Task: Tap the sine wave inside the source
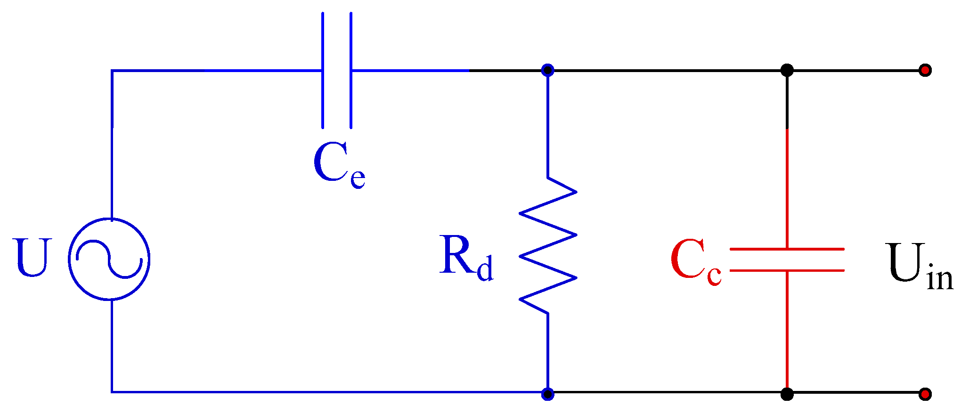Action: click(109, 259)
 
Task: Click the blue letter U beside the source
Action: click(32, 258)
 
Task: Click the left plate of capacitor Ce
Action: click(323, 70)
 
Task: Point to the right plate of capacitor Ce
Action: click(351, 70)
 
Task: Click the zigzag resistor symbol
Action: click(547, 245)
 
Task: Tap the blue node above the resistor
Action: click(547, 71)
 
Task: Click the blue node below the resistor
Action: click(547, 394)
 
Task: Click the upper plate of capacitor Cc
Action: click(787, 249)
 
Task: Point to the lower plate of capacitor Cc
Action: click(787, 270)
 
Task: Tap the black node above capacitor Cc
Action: click(787, 71)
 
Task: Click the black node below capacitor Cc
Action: click(787, 394)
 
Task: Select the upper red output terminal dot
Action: click(925, 71)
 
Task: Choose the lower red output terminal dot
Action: click(925, 394)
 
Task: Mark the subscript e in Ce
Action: click(358, 178)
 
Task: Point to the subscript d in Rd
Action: click(485, 268)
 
